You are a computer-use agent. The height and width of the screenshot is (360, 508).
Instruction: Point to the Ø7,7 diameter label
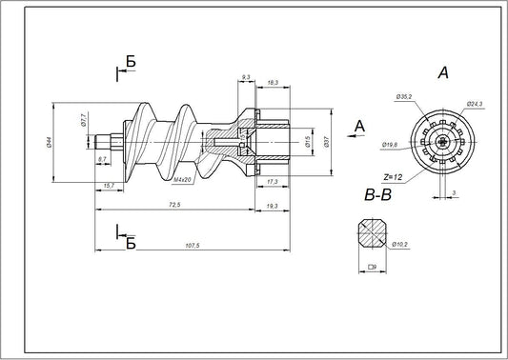pos(85,121)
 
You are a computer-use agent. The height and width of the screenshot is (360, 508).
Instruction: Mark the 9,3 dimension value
pos(246,76)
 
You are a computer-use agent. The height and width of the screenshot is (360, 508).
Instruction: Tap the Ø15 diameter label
pos(308,142)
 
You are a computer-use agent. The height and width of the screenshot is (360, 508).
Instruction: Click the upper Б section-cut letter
pos(131,62)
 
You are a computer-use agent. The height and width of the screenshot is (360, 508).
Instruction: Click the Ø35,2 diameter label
pos(402,97)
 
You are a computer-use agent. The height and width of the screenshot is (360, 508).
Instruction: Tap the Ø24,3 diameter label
pos(473,103)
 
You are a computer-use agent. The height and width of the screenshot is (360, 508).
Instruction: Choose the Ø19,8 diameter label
pos(390,146)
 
